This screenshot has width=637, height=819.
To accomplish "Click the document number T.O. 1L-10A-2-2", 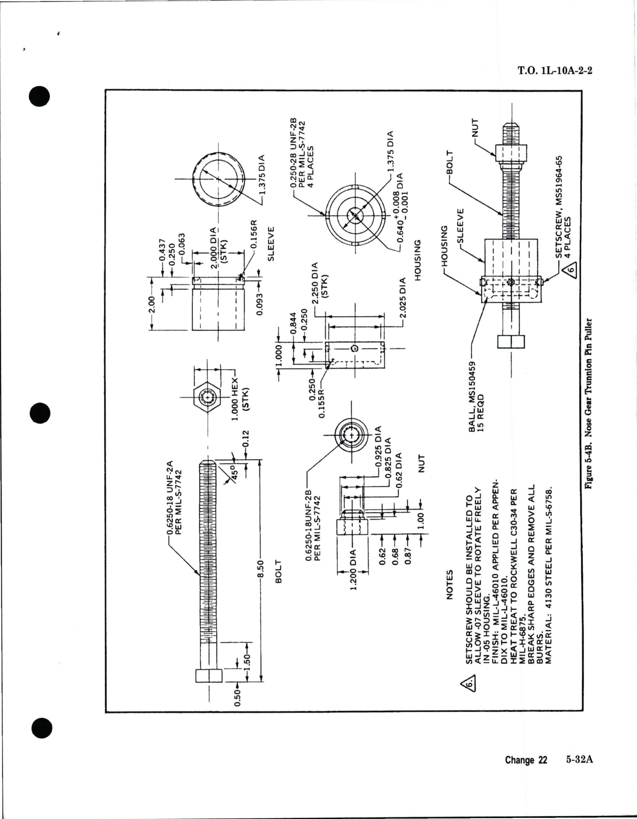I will [555, 71].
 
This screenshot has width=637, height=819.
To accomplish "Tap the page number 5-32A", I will [580, 774].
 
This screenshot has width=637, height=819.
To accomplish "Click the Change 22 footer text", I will [525, 774].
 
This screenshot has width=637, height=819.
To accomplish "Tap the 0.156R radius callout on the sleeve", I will [253, 234].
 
